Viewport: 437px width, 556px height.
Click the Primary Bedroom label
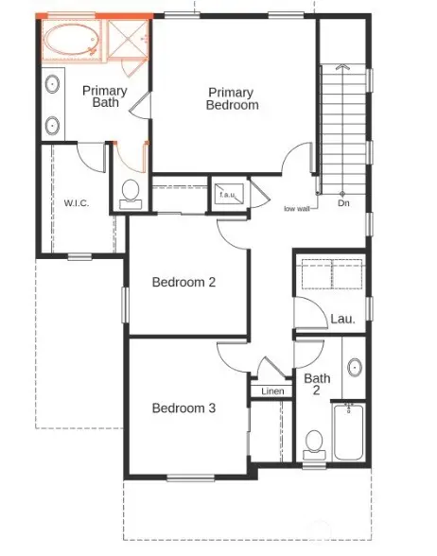point(233,99)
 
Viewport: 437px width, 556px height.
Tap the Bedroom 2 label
point(184,282)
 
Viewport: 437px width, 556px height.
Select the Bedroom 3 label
point(184,408)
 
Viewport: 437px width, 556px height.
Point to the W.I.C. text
point(77,203)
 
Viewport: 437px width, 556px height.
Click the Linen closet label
point(272,391)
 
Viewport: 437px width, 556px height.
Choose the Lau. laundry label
point(342,320)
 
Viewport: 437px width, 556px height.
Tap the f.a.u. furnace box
point(229,193)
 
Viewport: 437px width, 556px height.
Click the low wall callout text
point(297,209)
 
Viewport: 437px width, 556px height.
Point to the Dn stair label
point(343,203)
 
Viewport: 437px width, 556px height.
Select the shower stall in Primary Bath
point(128,40)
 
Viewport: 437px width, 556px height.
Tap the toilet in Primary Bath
point(131,195)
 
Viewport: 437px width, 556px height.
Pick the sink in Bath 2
point(355,368)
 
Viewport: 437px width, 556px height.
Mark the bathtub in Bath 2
point(349,431)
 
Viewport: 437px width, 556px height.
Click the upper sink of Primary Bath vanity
point(53,84)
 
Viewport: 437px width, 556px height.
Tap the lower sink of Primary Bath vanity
point(53,126)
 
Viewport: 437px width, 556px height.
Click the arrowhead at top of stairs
point(342,66)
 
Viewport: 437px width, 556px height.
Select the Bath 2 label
point(317,384)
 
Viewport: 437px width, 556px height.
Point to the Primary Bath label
point(105,96)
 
